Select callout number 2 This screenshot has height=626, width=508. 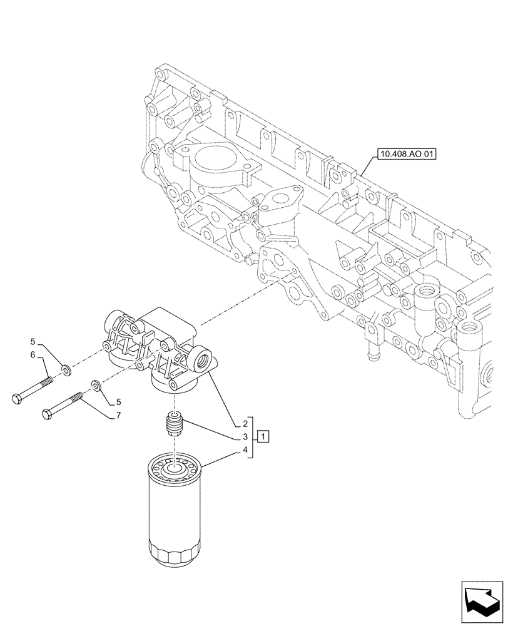(246, 423)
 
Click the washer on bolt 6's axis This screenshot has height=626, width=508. (67, 374)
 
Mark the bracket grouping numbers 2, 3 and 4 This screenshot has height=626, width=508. (252, 436)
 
